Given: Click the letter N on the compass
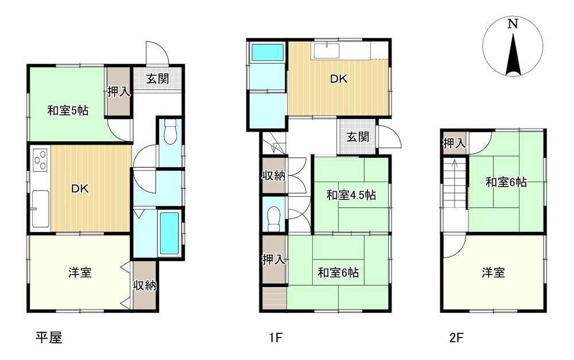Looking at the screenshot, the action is [513, 24].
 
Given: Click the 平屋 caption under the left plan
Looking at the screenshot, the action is [49, 337].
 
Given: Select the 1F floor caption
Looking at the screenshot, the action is [276, 337].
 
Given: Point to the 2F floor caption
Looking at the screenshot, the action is [456, 337].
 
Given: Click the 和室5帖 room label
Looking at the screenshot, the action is [68, 110].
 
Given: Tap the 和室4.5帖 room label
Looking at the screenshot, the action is [351, 195].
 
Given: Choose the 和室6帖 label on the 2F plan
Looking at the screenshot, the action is [506, 182].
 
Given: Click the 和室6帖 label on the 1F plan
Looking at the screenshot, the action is [338, 273].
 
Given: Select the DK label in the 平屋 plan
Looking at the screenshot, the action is [80, 189].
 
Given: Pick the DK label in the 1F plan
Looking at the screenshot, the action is [339, 79].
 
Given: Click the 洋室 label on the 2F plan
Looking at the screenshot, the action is [493, 273].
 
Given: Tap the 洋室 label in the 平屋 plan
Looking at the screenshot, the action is [80, 273].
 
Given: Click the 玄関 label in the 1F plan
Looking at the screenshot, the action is [358, 137].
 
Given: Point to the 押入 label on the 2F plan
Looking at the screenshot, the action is [454, 143].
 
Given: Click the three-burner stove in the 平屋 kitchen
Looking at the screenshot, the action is [40, 160].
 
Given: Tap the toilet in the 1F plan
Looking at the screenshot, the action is [273, 219].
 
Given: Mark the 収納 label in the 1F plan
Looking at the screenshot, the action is [273, 176].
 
